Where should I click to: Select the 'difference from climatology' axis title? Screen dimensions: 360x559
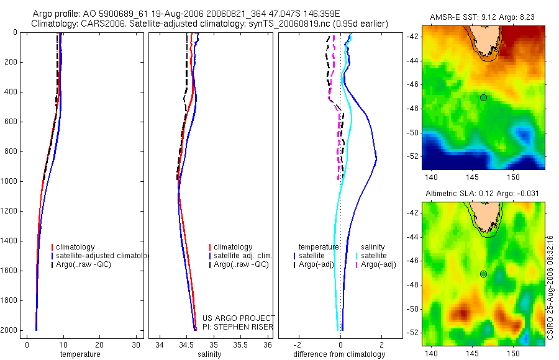point(340,354)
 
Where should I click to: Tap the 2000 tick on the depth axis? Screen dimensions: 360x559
point(9,330)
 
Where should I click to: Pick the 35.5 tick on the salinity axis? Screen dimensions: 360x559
point(240,345)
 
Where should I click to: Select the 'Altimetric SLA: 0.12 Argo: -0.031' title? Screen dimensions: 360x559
point(482,194)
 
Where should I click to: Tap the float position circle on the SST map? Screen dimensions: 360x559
point(483,97)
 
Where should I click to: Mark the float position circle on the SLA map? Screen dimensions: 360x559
point(483,274)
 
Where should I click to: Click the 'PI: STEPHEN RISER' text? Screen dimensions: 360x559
point(237,327)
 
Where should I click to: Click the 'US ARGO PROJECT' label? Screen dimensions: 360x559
point(238,318)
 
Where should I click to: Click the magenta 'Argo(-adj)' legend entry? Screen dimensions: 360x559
point(378,264)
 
